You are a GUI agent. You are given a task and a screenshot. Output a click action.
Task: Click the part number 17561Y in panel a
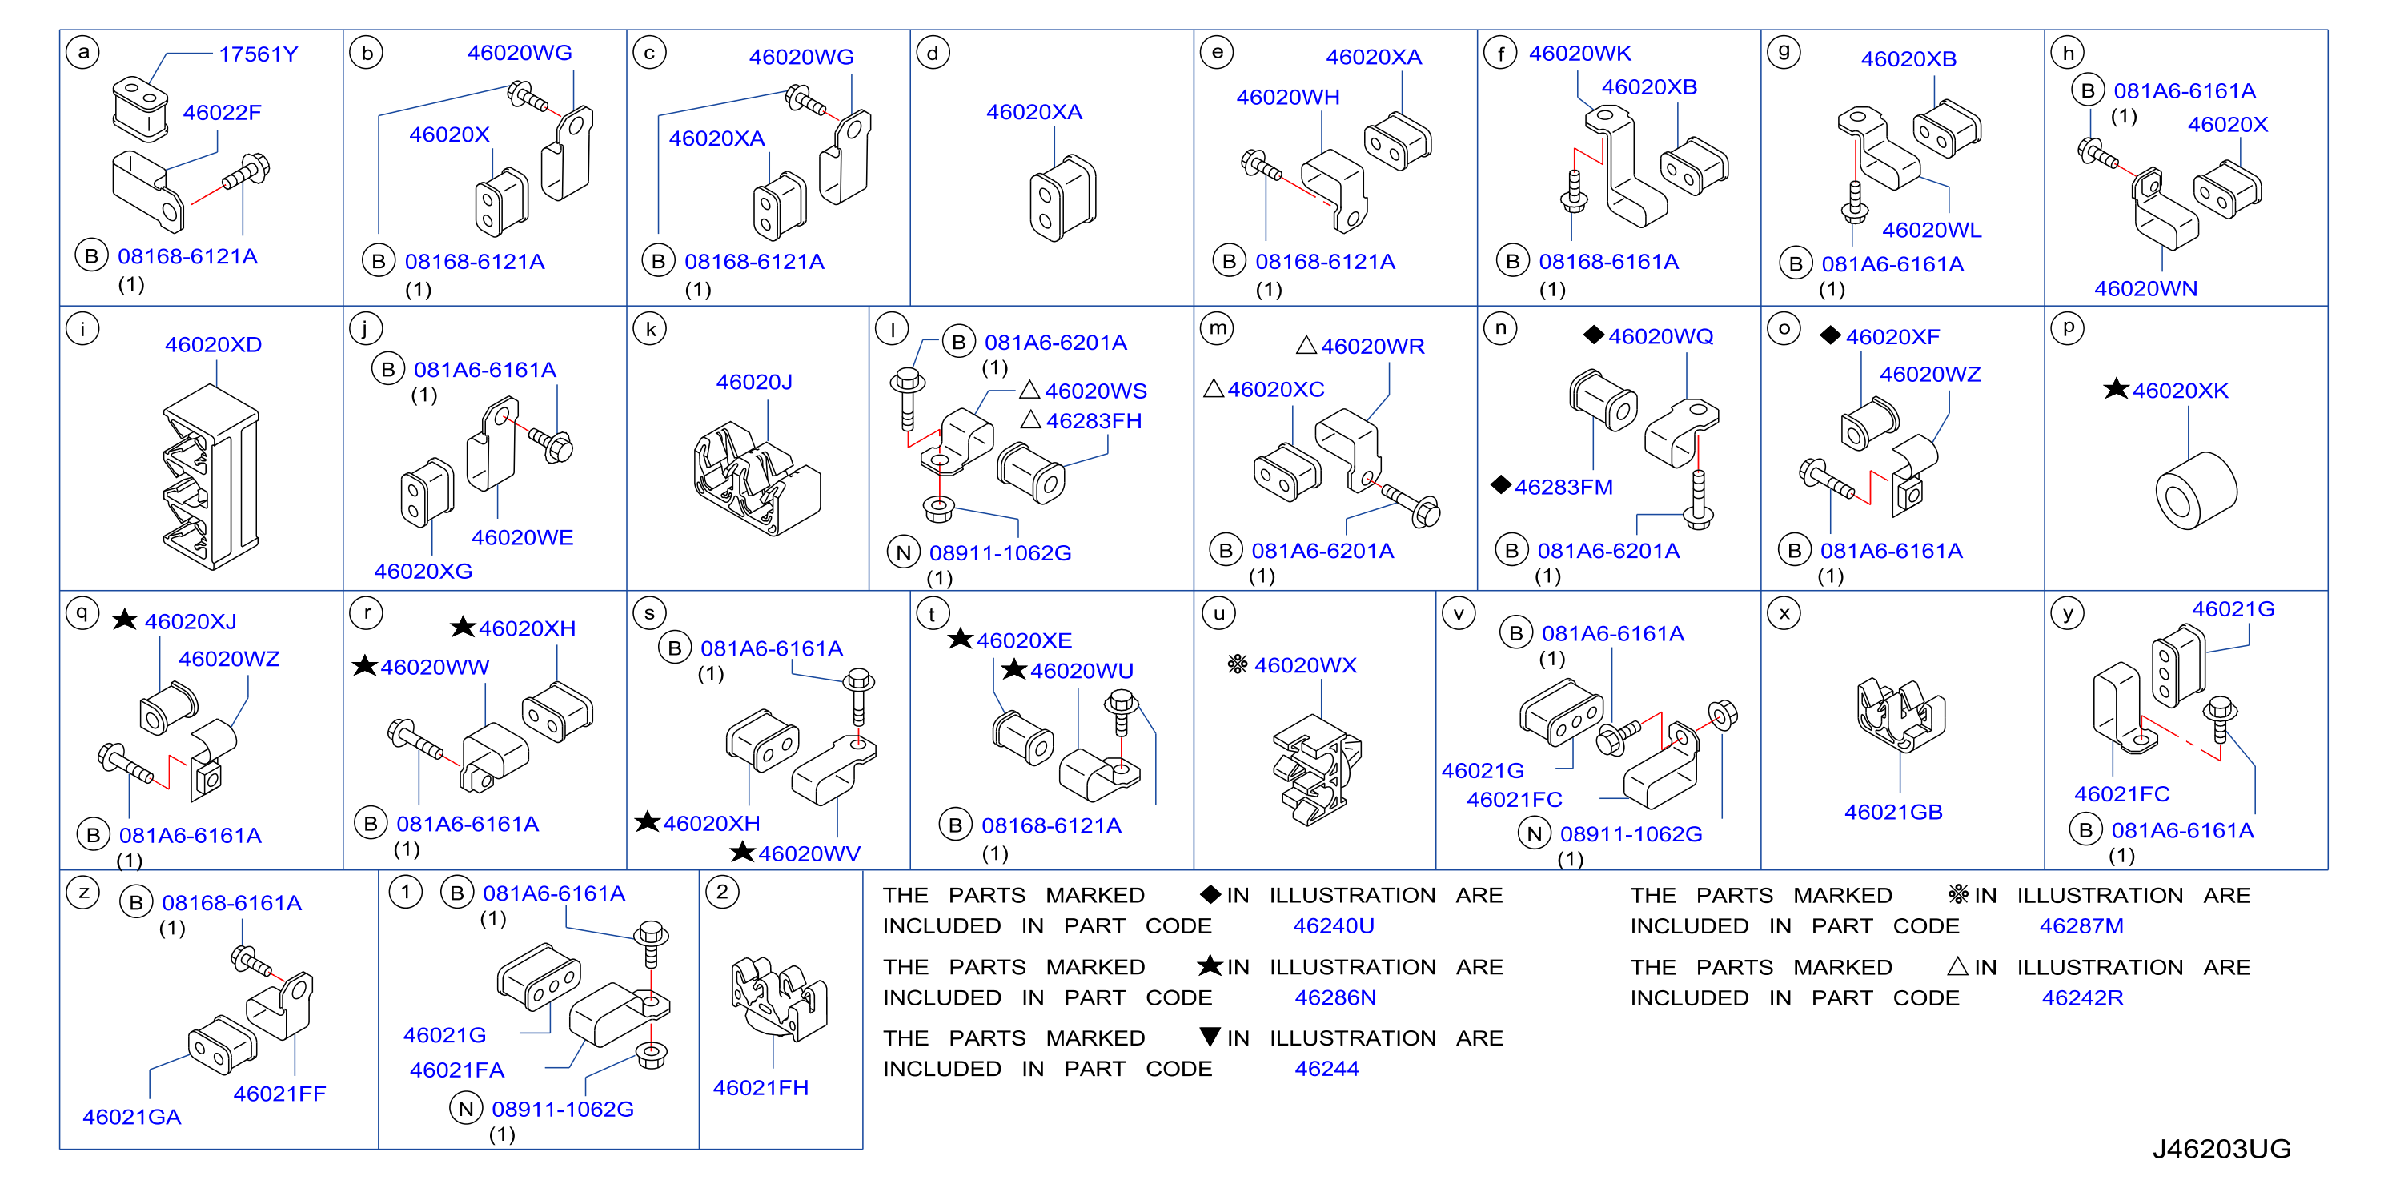pyautogui.click(x=258, y=54)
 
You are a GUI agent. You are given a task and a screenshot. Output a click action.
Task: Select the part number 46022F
pyautogui.click(x=222, y=113)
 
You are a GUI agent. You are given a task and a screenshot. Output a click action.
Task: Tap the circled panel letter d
pyautogui.click(x=933, y=54)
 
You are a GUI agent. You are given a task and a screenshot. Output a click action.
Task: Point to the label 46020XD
pyautogui.click(x=213, y=345)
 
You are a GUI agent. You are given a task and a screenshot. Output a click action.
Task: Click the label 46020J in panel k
pyautogui.click(x=753, y=382)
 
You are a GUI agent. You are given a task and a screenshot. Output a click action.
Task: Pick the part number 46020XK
pyautogui.click(x=2181, y=391)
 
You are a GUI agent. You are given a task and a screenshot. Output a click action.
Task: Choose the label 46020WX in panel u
pyautogui.click(x=1304, y=665)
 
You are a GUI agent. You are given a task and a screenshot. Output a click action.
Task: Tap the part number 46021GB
pyautogui.click(x=1893, y=812)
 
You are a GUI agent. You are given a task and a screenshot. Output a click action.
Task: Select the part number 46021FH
pyautogui.click(x=761, y=1088)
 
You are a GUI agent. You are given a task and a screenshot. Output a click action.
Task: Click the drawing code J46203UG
pyautogui.click(x=2221, y=1149)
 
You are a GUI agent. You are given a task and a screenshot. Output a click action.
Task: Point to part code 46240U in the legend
pyautogui.click(x=1333, y=925)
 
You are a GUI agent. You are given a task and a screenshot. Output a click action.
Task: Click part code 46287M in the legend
pyautogui.click(x=2081, y=925)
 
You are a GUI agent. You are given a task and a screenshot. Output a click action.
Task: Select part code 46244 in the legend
pyautogui.click(x=1326, y=1069)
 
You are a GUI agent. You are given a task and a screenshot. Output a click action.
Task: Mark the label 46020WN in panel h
pyautogui.click(x=2145, y=289)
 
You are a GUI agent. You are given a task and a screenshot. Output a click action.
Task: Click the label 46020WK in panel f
pyautogui.click(x=1579, y=54)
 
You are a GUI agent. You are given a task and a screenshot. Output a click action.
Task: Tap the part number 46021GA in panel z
pyautogui.click(x=131, y=1118)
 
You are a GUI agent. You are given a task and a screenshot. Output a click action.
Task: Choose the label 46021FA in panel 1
pyautogui.click(x=457, y=1070)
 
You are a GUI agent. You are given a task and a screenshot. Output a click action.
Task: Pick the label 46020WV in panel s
pyautogui.click(x=809, y=854)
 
